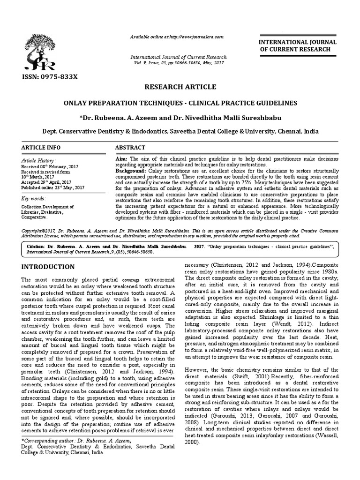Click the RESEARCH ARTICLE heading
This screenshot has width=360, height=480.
[x=180, y=87]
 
